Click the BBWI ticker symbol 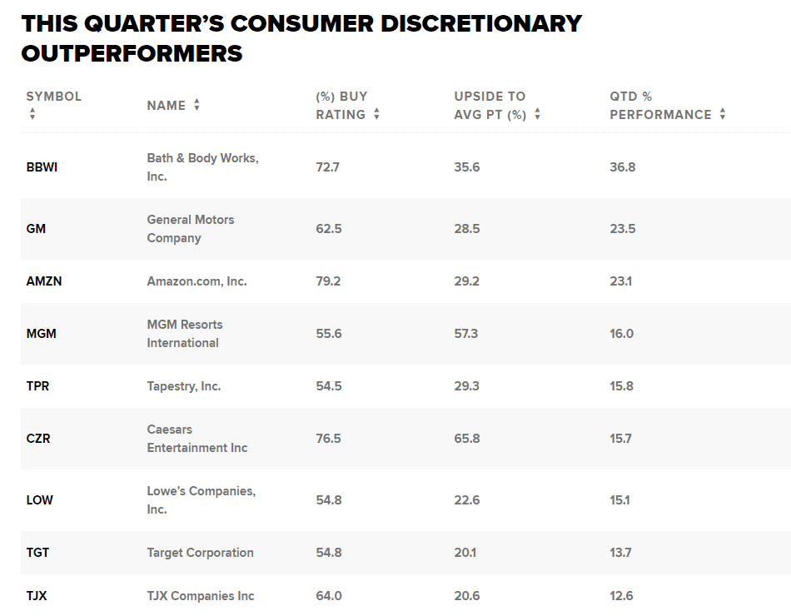pos(42,167)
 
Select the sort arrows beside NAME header pos(197,105)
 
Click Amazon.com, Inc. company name pos(197,281)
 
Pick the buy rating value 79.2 pos(328,281)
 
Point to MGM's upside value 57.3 pos(466,334)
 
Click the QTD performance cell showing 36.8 pos(622,167)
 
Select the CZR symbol pos(38,439)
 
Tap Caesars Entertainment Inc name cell pos(197,439)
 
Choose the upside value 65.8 pos(466,439)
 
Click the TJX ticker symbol pos(37,596)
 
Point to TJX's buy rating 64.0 pos(328,596)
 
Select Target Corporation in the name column pos(201,553)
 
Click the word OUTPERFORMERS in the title pos(132,53)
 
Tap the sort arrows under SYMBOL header pos(32,114)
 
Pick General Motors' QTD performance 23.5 pos(622,229)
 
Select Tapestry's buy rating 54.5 pos(328,386)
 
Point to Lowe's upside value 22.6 pos(466,500)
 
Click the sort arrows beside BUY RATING pos(376,115)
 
